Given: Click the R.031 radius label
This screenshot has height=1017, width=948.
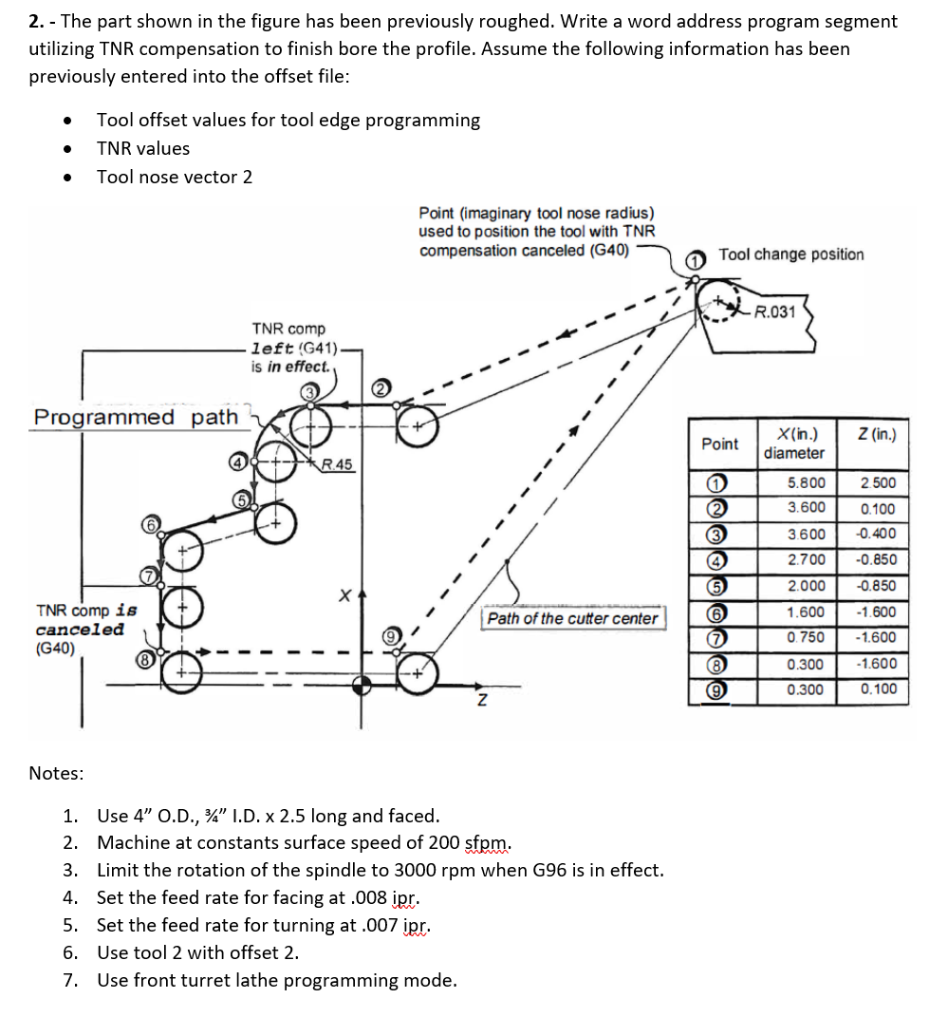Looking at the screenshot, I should coord(774,312).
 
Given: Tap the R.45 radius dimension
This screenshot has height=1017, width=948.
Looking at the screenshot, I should coord(336,464).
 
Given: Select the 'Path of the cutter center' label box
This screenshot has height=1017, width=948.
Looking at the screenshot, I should coord(572,619).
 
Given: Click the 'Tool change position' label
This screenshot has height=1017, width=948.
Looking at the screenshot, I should coord(791,254).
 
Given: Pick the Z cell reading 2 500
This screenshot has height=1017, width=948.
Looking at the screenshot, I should coord(877,482).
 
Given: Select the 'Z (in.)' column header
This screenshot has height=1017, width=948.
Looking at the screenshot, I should coord(876,435).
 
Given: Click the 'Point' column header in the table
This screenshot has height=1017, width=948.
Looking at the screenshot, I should coord(720,443).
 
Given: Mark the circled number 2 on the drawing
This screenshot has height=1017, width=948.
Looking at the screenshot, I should coord(380,387).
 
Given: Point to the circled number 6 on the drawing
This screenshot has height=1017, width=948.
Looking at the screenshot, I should coord(149,524).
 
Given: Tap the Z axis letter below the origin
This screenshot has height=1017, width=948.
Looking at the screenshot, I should coord(482,701).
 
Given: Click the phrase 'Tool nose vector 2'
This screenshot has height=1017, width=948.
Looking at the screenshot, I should coord(175,177).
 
